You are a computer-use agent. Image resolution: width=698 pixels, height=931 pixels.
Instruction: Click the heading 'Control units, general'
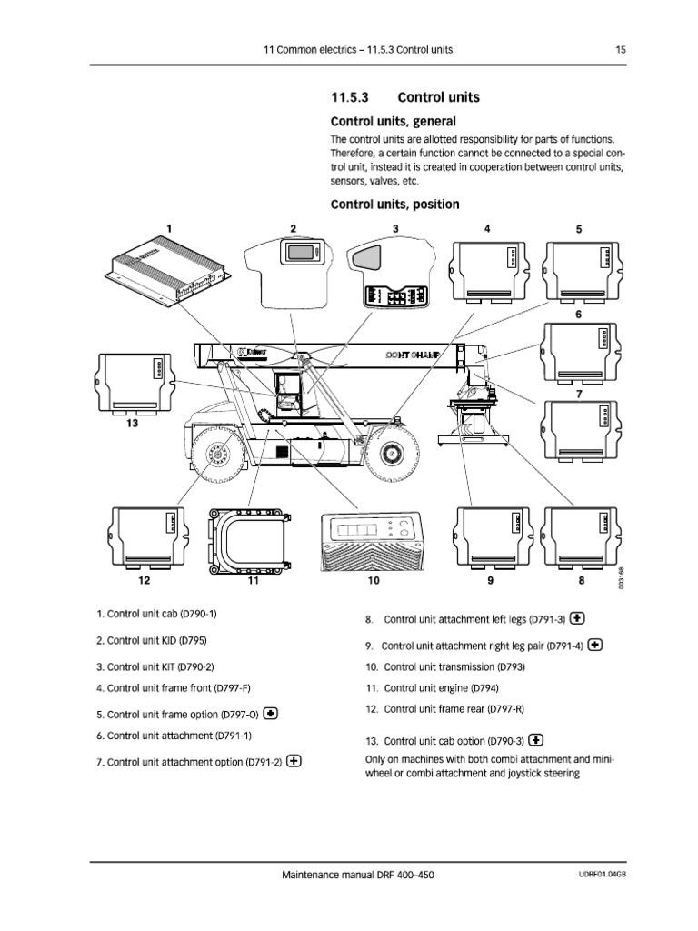click(x=393, y=121)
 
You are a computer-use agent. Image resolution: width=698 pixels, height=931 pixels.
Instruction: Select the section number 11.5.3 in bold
click(x=351, y=97)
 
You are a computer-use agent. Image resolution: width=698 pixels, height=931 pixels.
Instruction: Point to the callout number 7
click(x=579, y=395)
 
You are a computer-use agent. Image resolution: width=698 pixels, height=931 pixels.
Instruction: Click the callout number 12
click(x=144, y=579)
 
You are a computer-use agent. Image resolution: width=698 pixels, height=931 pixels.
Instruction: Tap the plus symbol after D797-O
click(x=271, y=714)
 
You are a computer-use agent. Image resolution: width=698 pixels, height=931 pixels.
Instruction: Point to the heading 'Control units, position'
click(x=394, y=205)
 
